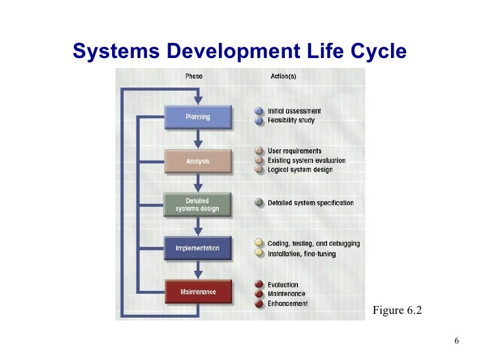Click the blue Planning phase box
tap(198, 117)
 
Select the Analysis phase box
tap(198, 161)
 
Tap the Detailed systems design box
tap(198, 205)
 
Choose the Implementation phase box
tap(198, 249)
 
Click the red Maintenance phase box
tap(198, 292)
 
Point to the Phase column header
tap(194, 76)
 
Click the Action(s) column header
tap(284, 76)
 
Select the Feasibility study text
tap(291, 121)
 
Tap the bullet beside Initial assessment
tap(259, 111)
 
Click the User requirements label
tap(295, 152)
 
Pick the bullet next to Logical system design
tap(259, 170)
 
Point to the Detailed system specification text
tap(311, 203)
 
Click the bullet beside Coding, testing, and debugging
tap(259, 244)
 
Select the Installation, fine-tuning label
tap(301, 254)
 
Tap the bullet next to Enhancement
tap(259, 304)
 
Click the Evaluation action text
tap(283, 285)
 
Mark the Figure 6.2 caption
tap(397, 310)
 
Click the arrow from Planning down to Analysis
tap(198, 139)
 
